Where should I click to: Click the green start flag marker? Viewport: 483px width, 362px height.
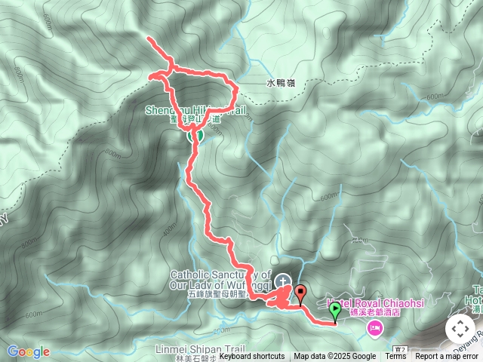pyautogui.click(x=334, y=311)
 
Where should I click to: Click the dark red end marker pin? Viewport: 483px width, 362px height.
pyautogui.click(x=301, y=292)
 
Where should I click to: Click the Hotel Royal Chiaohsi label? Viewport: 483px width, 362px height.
pyautogui.click(x=367, y=303)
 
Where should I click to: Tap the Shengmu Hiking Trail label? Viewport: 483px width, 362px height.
pyautogui.click(x=195, y=110)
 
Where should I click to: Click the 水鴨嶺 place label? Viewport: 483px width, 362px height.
pyautogui.click(x=279, y=85)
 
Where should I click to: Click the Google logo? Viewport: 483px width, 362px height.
pyautogui.click(x=28, y=351)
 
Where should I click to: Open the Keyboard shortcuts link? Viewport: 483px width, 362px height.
pyautogui.click(x=251, y=357)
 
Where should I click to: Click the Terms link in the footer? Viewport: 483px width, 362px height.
pyautogui.click(x=395, y=357)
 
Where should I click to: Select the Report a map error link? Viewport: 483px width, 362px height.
pyautogui.click(x=446, y=357)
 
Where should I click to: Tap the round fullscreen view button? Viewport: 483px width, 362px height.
pyautogui.click(x=460, y=329)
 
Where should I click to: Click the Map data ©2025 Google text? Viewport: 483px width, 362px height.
pyautogui.click(x=334, y=357)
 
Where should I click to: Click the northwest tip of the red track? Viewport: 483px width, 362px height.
pyautogui.click(x=149, y=38)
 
